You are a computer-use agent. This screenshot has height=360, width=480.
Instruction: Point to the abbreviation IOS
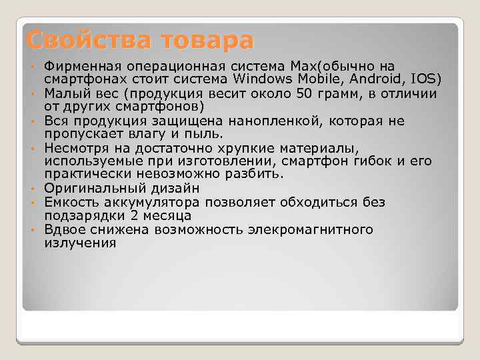427,79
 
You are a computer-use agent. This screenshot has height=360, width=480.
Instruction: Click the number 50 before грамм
305,93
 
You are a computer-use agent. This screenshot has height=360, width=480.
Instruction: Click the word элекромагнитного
299,229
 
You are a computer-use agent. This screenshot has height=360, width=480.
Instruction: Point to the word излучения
80,243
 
